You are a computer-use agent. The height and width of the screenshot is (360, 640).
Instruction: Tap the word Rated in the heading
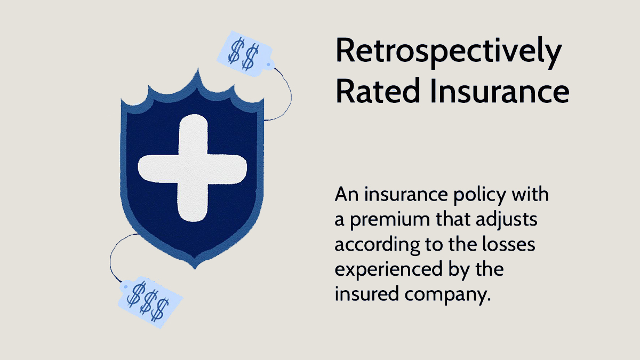[378, 91]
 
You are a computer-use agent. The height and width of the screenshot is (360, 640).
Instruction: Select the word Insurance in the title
[500, 91]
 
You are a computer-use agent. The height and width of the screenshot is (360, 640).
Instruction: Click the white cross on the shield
[193, 168]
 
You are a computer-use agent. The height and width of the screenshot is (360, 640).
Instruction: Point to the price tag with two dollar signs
[245, 54]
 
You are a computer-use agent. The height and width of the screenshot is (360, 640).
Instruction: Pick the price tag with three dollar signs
[150, 302]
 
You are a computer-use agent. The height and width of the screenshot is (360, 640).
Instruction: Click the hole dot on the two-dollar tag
[268, 65]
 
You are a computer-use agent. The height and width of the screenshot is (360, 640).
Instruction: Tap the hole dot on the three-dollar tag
[126, 286]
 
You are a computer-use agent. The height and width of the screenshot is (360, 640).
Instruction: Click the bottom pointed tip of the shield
[195, 269]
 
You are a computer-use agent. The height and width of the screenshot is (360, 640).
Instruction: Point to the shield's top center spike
[198, 69]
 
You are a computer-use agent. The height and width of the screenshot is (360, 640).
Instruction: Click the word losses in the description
[509, 244]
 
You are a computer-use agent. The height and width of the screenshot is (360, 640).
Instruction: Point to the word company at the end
[447, 295]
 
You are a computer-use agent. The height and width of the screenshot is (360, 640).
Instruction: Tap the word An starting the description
[346, 195]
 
